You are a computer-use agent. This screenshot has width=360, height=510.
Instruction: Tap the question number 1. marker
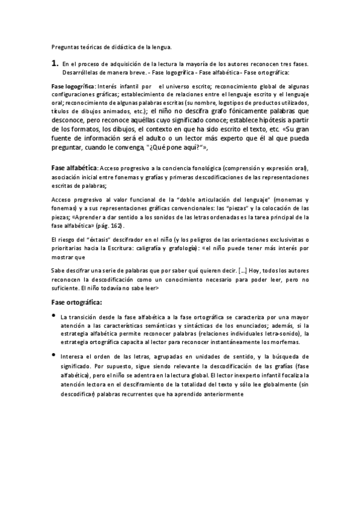click(54, 62)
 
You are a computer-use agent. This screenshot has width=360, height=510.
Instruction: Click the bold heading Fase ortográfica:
click(76, 302)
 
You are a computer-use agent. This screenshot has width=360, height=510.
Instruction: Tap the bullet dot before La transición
click(53, 316)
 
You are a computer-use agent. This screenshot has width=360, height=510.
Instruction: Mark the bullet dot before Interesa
click(53, 355)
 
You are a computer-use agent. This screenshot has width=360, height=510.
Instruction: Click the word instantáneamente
click(235, 342)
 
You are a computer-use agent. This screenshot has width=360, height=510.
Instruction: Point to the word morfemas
click(292, 342)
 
